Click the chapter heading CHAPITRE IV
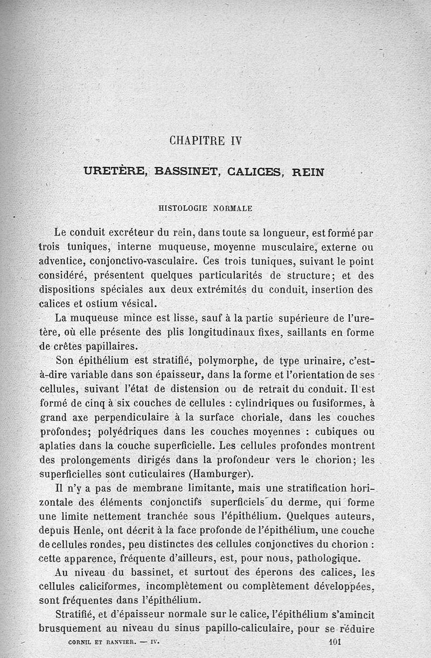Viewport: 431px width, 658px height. (206, 141)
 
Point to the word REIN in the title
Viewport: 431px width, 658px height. (308, 172)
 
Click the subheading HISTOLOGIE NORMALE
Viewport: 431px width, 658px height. (205, 207)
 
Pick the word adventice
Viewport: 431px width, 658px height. (64, 261)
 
